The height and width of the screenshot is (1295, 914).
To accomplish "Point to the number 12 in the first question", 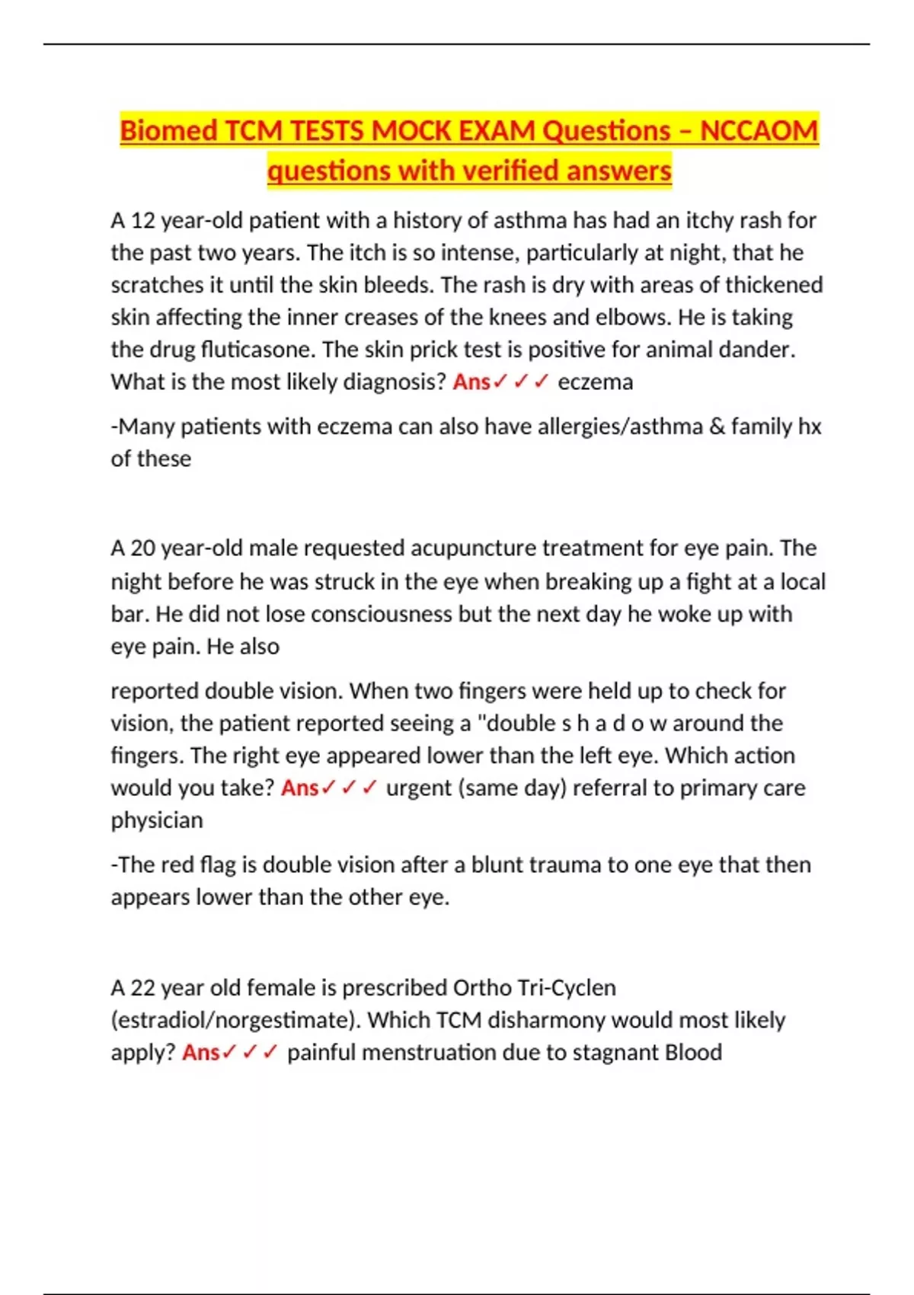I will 142,221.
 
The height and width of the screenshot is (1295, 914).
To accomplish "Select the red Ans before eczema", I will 471,382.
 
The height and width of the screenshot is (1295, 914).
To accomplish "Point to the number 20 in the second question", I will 142,548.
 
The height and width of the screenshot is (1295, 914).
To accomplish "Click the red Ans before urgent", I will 299,788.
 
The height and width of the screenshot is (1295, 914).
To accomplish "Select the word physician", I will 157,820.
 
